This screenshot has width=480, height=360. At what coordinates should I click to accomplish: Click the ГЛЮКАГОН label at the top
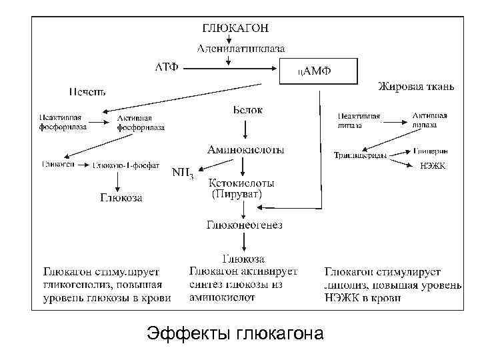point(235,28)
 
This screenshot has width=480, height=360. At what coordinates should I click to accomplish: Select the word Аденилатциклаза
point(241,48)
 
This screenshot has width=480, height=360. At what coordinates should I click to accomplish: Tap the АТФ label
point(166,68)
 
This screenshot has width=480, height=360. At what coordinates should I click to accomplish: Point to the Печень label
point(87,91)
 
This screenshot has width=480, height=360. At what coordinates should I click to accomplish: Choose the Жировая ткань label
point(416,87)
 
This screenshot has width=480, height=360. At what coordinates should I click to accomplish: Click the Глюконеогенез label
point(245,225)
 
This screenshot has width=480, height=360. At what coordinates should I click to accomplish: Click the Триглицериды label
point(359,155)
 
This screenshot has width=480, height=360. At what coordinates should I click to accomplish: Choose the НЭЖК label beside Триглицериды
point(433,165)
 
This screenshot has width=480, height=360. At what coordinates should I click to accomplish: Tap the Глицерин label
point(434,151)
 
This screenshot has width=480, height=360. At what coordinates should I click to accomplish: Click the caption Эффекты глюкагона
point(235,333)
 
